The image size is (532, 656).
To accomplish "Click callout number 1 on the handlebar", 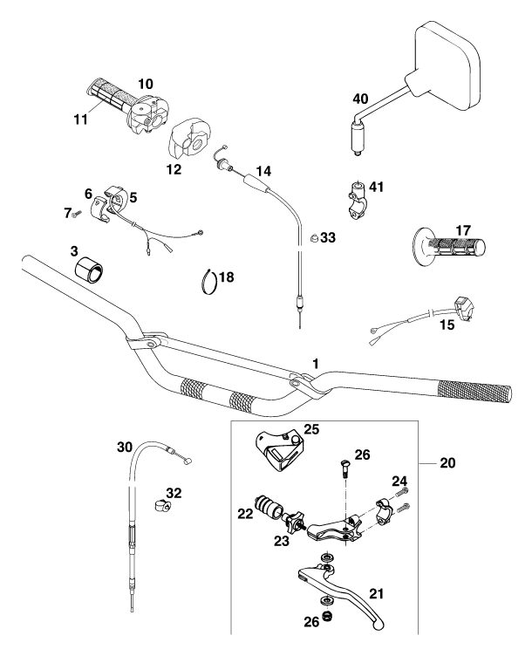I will coord(316,361).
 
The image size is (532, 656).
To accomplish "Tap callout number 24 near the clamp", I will coord(399,480).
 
